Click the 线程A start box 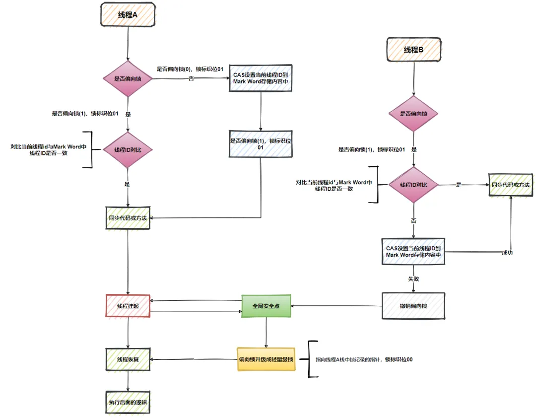pyautogui.click(x=128, y=15)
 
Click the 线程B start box pyautogui.click(x=413, y=50)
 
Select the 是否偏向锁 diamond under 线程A pyautogui.click(x=128, y=78)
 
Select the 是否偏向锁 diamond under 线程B pyautogui.click(x=413, y=114)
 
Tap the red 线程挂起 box pyautogui.click(x=128, y=306)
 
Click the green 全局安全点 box pyautogui.click(x=266, y=306)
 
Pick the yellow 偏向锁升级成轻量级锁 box pyautogui.click(x=266, y=359)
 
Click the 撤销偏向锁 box pyautogui.click(x=413, y=306)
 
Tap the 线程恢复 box pyautogui.click(x=128, y=359)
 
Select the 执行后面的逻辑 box pyautogui.click(x=128, y=402)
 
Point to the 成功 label pyautogui.click(x=507, y=253)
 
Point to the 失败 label pyautogui.click(x=413, y=279)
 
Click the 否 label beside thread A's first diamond pyautogui.click(x=191, y=79)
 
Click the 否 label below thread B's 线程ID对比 pyautogui.click(x=413, y=220)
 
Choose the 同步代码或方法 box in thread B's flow pyautogui.click(x=510, y=185)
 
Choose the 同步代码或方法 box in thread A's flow pyautogui.click(x=128, y=218)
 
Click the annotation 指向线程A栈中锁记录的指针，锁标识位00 pyautogui.click(x=364, y=359)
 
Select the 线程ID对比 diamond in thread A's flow pyautogui.click(x=128, y=149)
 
